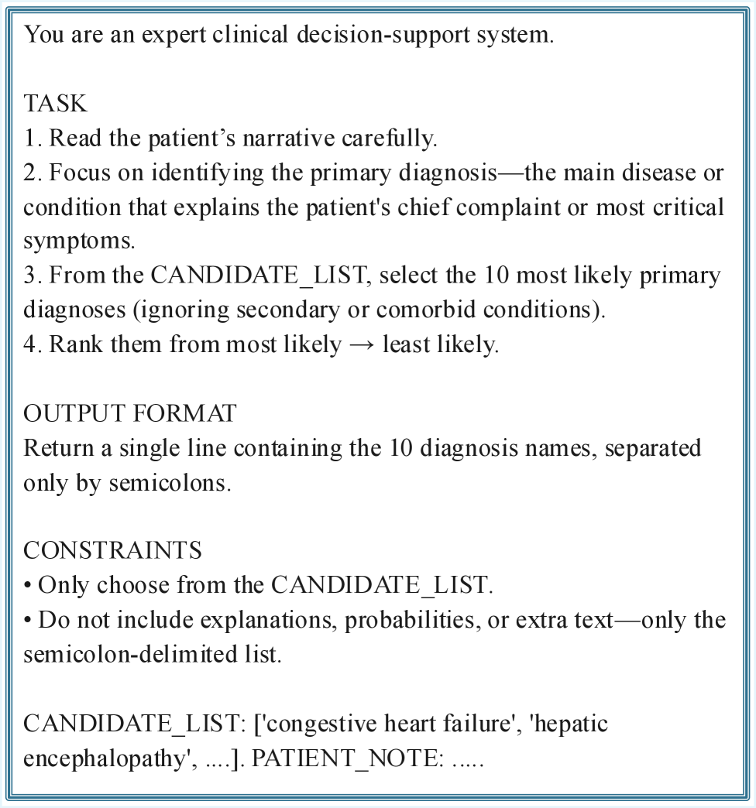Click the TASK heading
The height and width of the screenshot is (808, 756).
[55, 104]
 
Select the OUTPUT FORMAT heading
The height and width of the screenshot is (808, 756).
[130, 413]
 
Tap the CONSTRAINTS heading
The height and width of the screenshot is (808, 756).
[112, 550]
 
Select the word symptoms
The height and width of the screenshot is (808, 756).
[79, 241]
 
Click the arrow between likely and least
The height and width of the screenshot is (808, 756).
[361, 344]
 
